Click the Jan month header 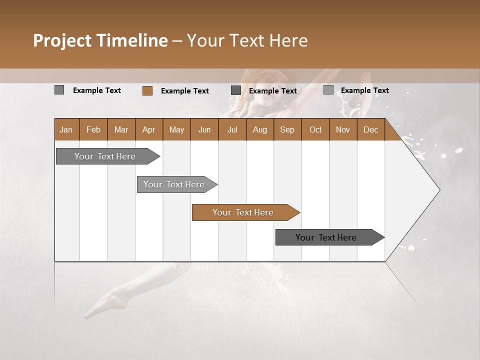66,129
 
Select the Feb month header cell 93,129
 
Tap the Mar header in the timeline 121,129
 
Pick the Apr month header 149,129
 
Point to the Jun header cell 204,129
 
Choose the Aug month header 260,129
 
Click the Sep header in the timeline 287,129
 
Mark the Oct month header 315,129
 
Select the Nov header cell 343,129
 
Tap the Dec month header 371,129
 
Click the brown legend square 147,90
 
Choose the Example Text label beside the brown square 185,90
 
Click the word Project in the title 63,40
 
